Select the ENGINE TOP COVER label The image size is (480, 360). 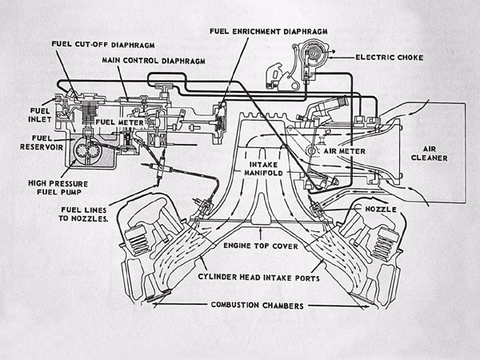pos(261,246)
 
